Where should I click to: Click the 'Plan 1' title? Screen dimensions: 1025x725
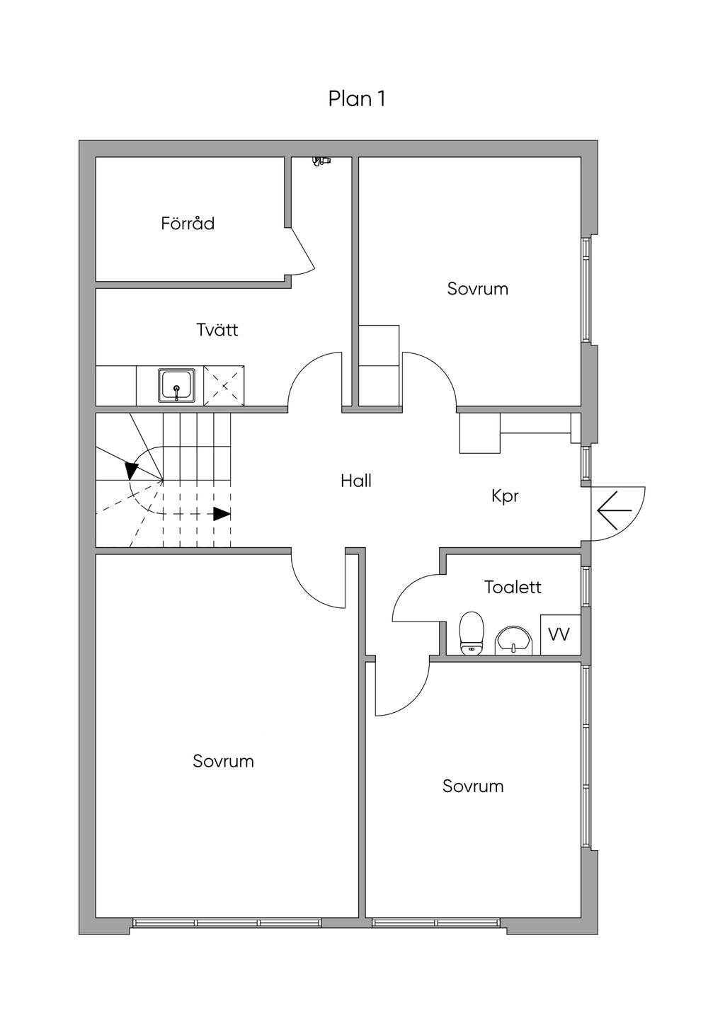click(x=357, y=99)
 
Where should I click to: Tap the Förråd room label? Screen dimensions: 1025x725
click(x=188, y=224)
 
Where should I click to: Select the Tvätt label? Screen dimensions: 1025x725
click(x=217, y=330)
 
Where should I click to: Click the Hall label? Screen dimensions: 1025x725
click(x=356, y=481)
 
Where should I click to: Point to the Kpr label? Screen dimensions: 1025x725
click(x=505, y=496)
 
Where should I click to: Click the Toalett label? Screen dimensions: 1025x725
click(x=513, y=587)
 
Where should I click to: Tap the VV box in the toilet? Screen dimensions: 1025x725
click(x=559, y=635)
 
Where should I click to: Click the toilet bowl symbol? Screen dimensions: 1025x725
click(x=472, y=633)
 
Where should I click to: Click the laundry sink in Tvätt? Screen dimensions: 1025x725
click(x=176, y=386)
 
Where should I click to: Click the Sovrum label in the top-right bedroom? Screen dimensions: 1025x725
click(x=478, y=289)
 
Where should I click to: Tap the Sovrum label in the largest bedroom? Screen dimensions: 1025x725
click(x=223, y=762)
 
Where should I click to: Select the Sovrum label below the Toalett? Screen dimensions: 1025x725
click(x=473, y=786)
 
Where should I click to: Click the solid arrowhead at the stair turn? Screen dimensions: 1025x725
click(x=132, y=470)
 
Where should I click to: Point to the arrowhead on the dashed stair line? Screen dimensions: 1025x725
click(x=222, y=514)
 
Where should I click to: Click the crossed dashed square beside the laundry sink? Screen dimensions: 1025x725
click(x=224, y=386)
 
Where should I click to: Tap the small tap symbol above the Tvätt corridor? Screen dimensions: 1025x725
click(x=321, y=161)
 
